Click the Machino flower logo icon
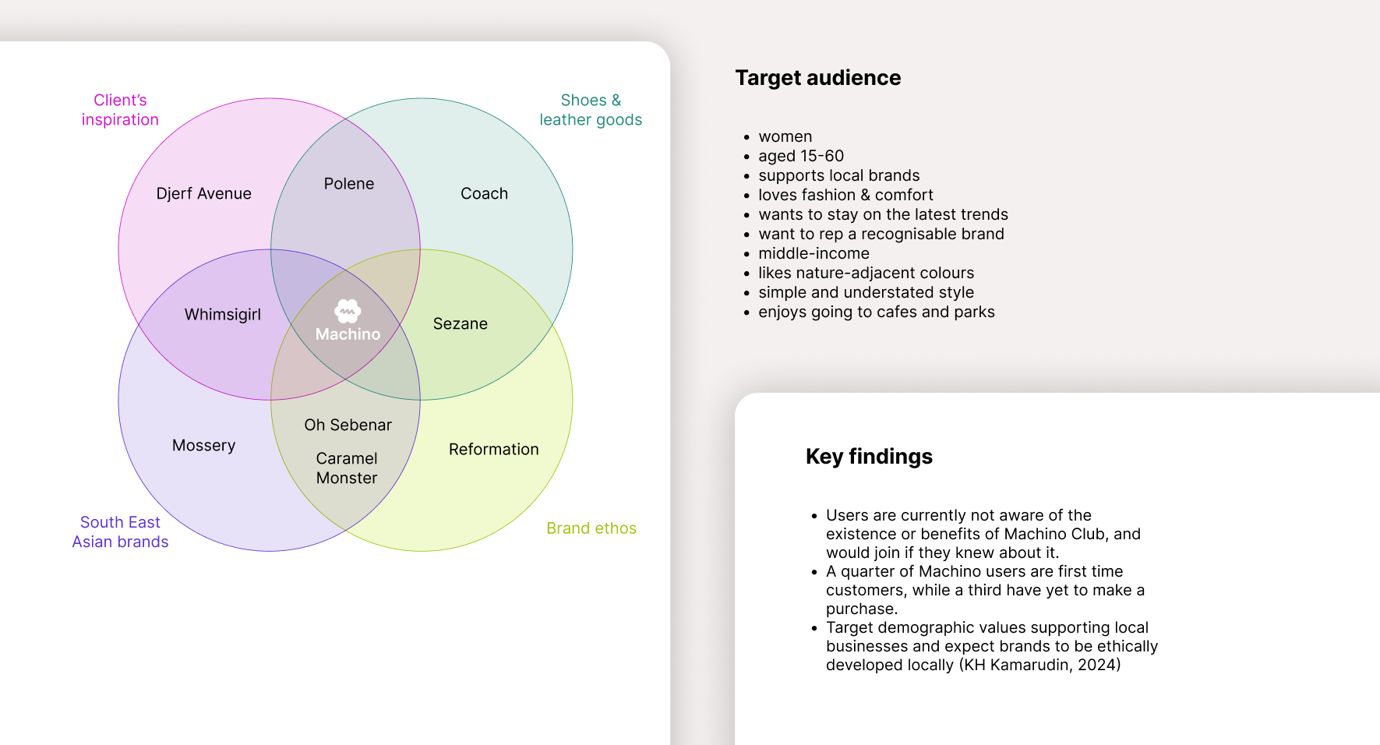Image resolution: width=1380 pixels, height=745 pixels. [348, 311]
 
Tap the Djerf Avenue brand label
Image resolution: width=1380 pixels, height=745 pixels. [203, 193]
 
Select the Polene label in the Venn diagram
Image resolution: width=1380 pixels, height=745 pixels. [349, 184]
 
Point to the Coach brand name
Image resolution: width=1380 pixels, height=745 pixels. [484, 193]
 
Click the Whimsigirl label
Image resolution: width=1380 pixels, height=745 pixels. [223, 315]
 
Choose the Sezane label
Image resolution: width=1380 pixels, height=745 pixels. [461, 323]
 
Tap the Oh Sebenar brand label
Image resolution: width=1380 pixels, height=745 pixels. [348, 425]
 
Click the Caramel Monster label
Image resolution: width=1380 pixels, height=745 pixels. [347, 468]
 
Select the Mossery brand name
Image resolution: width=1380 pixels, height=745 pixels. [203, 445]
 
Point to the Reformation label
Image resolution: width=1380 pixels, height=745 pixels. [494, 449]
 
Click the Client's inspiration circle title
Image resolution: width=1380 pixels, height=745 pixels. [120, 110]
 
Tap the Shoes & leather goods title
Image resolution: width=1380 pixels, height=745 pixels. [591, 110]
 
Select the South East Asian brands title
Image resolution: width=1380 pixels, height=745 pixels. [120, 532]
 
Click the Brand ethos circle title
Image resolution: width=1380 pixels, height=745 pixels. [591, 528]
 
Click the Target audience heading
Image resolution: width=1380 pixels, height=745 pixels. [817, 78]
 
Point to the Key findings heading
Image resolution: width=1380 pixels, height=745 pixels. [869, 457]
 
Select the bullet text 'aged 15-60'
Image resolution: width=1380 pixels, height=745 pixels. [801, 156]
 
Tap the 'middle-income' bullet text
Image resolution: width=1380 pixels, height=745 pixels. [814, 253]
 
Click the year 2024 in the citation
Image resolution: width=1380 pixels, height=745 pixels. [1097, 665]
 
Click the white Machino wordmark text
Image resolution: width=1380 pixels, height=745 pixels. [348, 334]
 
